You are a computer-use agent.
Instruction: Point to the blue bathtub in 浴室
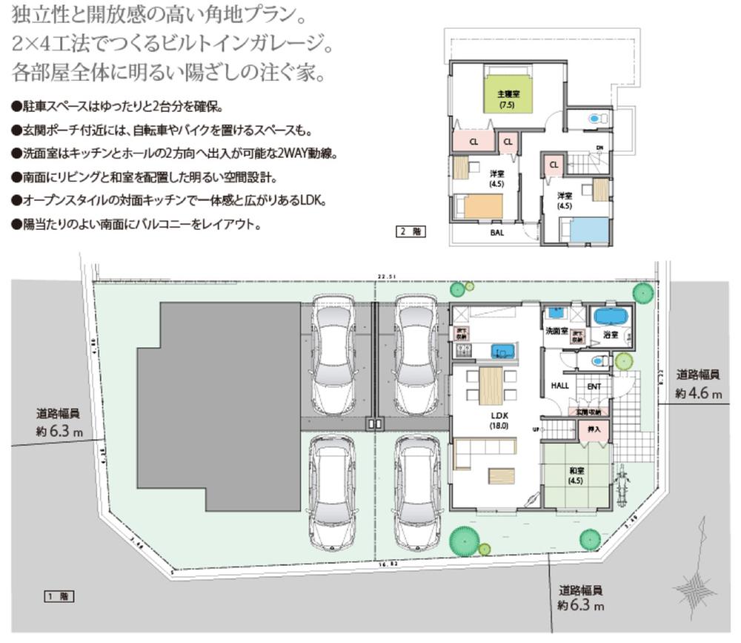click(611, 317)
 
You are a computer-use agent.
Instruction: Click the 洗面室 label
click(556, 331)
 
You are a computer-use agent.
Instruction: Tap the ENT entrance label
click(594, 386)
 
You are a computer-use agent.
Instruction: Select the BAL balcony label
click(497, 231)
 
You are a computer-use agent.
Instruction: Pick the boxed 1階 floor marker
click(56, 596)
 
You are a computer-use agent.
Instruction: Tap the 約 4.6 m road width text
click(697, 393)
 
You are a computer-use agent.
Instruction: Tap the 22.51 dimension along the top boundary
click(383, 277)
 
